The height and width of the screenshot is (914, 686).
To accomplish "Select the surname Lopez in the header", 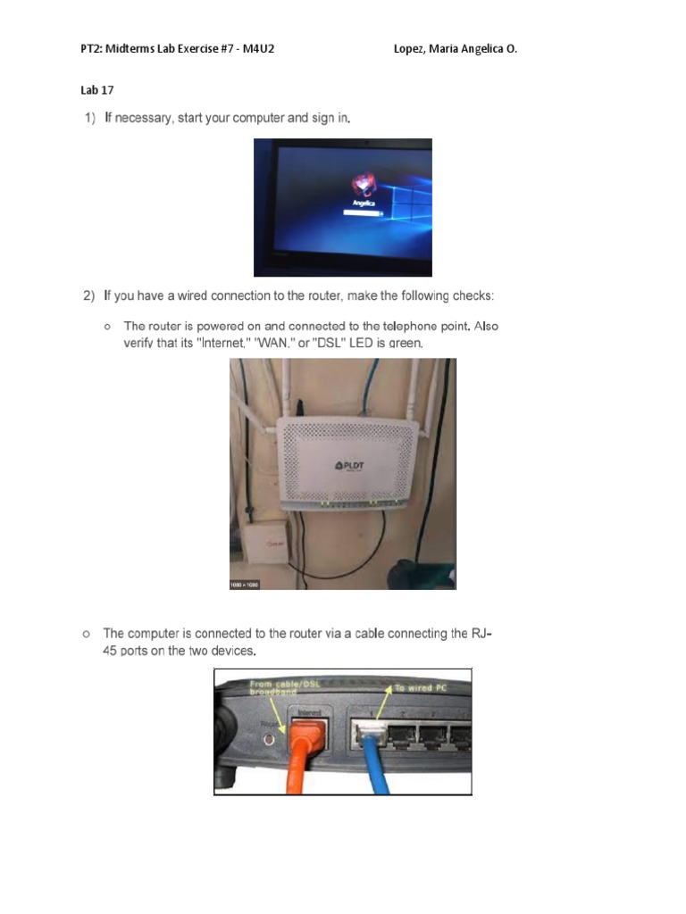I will pyautogui.click(x=410, y=49).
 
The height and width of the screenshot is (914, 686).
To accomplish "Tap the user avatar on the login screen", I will pyautogui.click(x=362, y=183).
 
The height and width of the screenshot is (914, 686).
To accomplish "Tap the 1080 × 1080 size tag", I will pyautogui.click(x=246, y=584).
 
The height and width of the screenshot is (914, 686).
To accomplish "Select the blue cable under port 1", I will pyautogui.click(x=369, y=766).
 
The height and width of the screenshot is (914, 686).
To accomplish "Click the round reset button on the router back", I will pyautogui.click(x=266, y=739).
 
